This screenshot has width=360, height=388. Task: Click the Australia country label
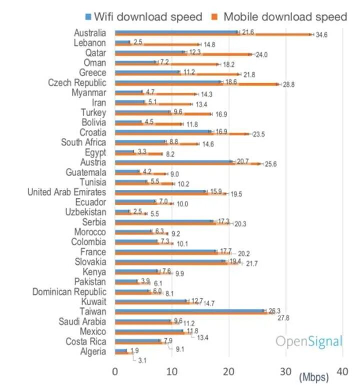(89, 33)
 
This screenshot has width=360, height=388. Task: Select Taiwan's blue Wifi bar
(190, 310)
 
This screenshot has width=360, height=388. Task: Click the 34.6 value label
(321, 35)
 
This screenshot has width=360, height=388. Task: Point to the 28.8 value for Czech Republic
(289, 85)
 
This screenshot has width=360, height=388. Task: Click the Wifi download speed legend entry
(144, 16)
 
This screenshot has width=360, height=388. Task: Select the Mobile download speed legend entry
(280, 16)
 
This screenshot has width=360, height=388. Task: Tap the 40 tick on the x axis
(342, 372)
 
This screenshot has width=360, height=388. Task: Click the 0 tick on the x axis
(115, 372)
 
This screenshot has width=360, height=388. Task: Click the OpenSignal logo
(309, 341)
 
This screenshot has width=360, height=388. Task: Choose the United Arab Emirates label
(66, 192)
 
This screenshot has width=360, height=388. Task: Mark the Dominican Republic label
(69, 292)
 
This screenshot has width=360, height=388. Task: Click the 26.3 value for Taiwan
(275, 311)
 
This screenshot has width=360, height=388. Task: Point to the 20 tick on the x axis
(229, 372)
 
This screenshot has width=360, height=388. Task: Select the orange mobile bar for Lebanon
(157, 44)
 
